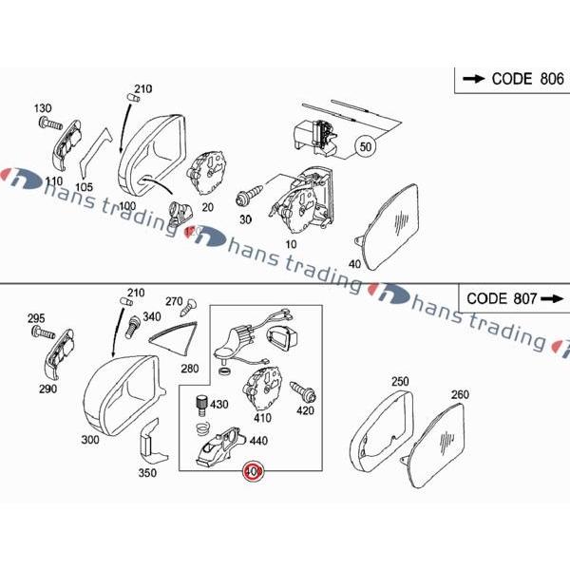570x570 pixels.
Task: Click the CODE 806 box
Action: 510,80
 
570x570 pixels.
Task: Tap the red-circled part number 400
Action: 253,470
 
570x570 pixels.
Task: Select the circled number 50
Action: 366,146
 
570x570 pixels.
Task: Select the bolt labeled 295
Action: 43,333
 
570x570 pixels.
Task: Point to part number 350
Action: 147,472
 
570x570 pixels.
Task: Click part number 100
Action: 127,205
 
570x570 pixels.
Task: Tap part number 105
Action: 84,186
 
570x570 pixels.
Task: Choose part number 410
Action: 263,417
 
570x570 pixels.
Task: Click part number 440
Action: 257,441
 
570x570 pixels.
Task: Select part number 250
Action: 399,382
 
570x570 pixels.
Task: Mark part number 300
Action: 90,440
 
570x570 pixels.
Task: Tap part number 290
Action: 48,389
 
